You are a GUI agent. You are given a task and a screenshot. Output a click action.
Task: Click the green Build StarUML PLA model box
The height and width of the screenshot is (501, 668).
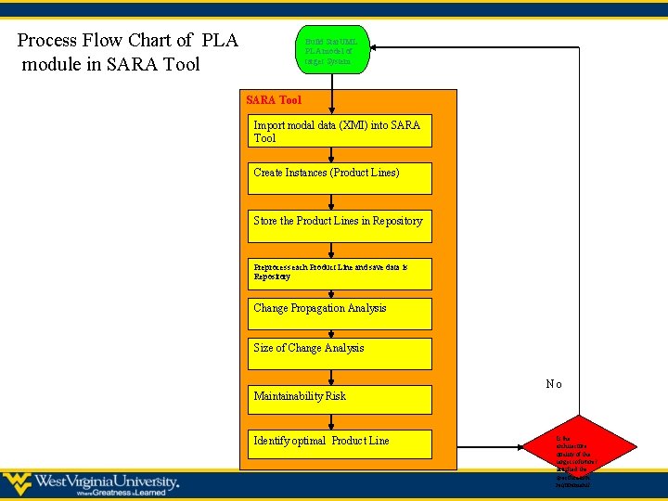click(x=332, y=49)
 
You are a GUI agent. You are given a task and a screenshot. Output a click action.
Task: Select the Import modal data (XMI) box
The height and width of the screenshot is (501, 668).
click(x=339, y=131)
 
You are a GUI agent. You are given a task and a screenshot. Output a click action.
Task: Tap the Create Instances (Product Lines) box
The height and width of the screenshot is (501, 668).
click(x=339, y=177)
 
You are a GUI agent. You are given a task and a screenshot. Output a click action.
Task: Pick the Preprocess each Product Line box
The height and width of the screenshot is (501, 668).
click(x=339, y=273)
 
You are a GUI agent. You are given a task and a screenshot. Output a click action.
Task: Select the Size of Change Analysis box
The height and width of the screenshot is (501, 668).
click(x=339, y=353)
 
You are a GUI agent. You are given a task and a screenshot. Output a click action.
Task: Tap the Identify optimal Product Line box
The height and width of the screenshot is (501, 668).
click(x=339, y=443)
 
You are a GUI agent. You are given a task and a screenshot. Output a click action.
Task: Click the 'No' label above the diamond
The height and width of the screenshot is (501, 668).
click(x=553, y=384)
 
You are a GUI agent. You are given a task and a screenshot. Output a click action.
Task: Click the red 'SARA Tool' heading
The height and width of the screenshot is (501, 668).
click(x=273, y=100)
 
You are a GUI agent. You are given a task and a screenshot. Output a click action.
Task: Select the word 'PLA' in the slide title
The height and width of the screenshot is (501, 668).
click(x=218, y=41)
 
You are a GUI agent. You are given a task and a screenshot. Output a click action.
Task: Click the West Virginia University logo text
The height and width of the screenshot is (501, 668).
click(x=107, y=482)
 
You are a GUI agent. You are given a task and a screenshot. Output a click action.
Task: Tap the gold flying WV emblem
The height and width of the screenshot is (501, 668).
click(x=17, y=483)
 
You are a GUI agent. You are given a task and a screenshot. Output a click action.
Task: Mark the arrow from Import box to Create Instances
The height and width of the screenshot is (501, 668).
click(x=332, y=155)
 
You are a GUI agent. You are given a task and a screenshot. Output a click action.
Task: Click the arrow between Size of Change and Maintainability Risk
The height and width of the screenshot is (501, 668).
click(x=332, y=377)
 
